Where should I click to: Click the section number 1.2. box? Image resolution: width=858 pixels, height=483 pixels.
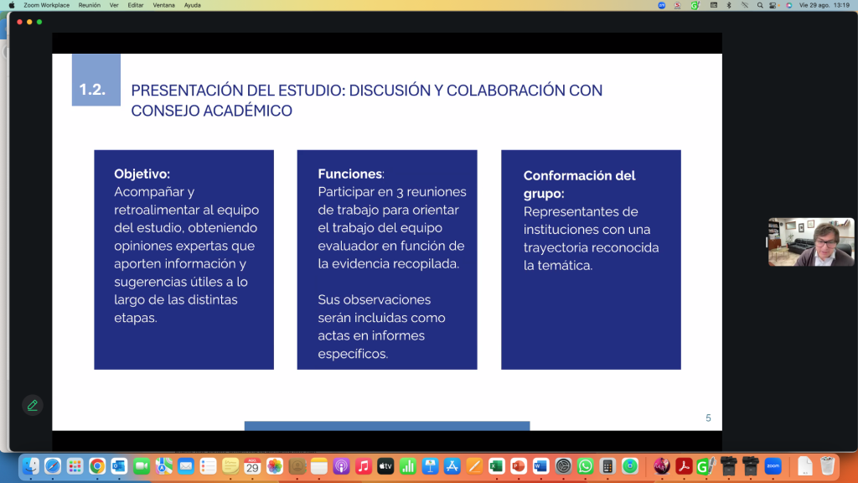click(96, 80)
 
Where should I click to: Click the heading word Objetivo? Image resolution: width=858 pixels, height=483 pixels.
click(141, 174)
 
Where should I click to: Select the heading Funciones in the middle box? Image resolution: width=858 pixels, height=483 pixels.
click(349, 174)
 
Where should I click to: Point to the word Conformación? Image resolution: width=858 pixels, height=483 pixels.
click(567, 176)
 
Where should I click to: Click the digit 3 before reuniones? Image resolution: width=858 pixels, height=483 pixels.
click(400, 192)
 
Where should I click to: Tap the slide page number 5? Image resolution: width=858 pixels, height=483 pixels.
click(708, 418)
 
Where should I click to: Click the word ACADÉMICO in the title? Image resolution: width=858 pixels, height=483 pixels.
click(247, 111)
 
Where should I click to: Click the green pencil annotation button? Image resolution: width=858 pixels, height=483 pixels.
click(33, 405)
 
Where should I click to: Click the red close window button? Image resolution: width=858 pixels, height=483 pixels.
click(20, 22)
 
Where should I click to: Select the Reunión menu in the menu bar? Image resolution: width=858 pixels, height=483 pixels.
click(89, 6)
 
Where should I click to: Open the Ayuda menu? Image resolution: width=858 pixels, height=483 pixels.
click(192, 6)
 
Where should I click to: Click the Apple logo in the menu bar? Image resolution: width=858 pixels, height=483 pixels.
click(12, 6)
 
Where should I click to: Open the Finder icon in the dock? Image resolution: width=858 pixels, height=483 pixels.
click(31, 466)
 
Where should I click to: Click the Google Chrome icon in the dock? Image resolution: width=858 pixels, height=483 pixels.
click(97, 466)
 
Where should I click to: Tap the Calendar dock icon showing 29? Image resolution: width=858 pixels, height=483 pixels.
click(252, 466)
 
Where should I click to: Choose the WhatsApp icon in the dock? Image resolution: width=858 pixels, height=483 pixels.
click(585, 466)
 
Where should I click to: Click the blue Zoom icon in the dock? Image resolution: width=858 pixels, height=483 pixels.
click(773, 466)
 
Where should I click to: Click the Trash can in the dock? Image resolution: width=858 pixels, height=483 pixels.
click(827, 466)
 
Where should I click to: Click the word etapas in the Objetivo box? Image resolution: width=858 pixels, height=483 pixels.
click(136, 318)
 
